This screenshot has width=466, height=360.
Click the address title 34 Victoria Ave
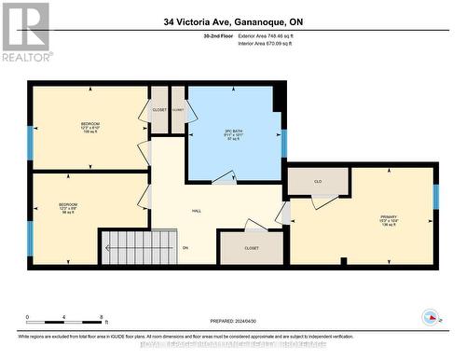[x=232, y=20]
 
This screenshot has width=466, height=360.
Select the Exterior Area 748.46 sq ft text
[x=279, y=35]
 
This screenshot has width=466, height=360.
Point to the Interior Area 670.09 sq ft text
[x=279, y=43]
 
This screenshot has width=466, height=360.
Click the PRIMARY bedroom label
[x=388, y=221]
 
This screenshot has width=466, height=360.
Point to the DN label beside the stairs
[x=185, y=247]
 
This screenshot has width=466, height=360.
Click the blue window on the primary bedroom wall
[x=434, y=196]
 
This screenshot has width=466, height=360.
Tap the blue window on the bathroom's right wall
[x=284, y=143]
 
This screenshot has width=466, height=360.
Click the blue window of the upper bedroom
[x=30, y=142]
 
